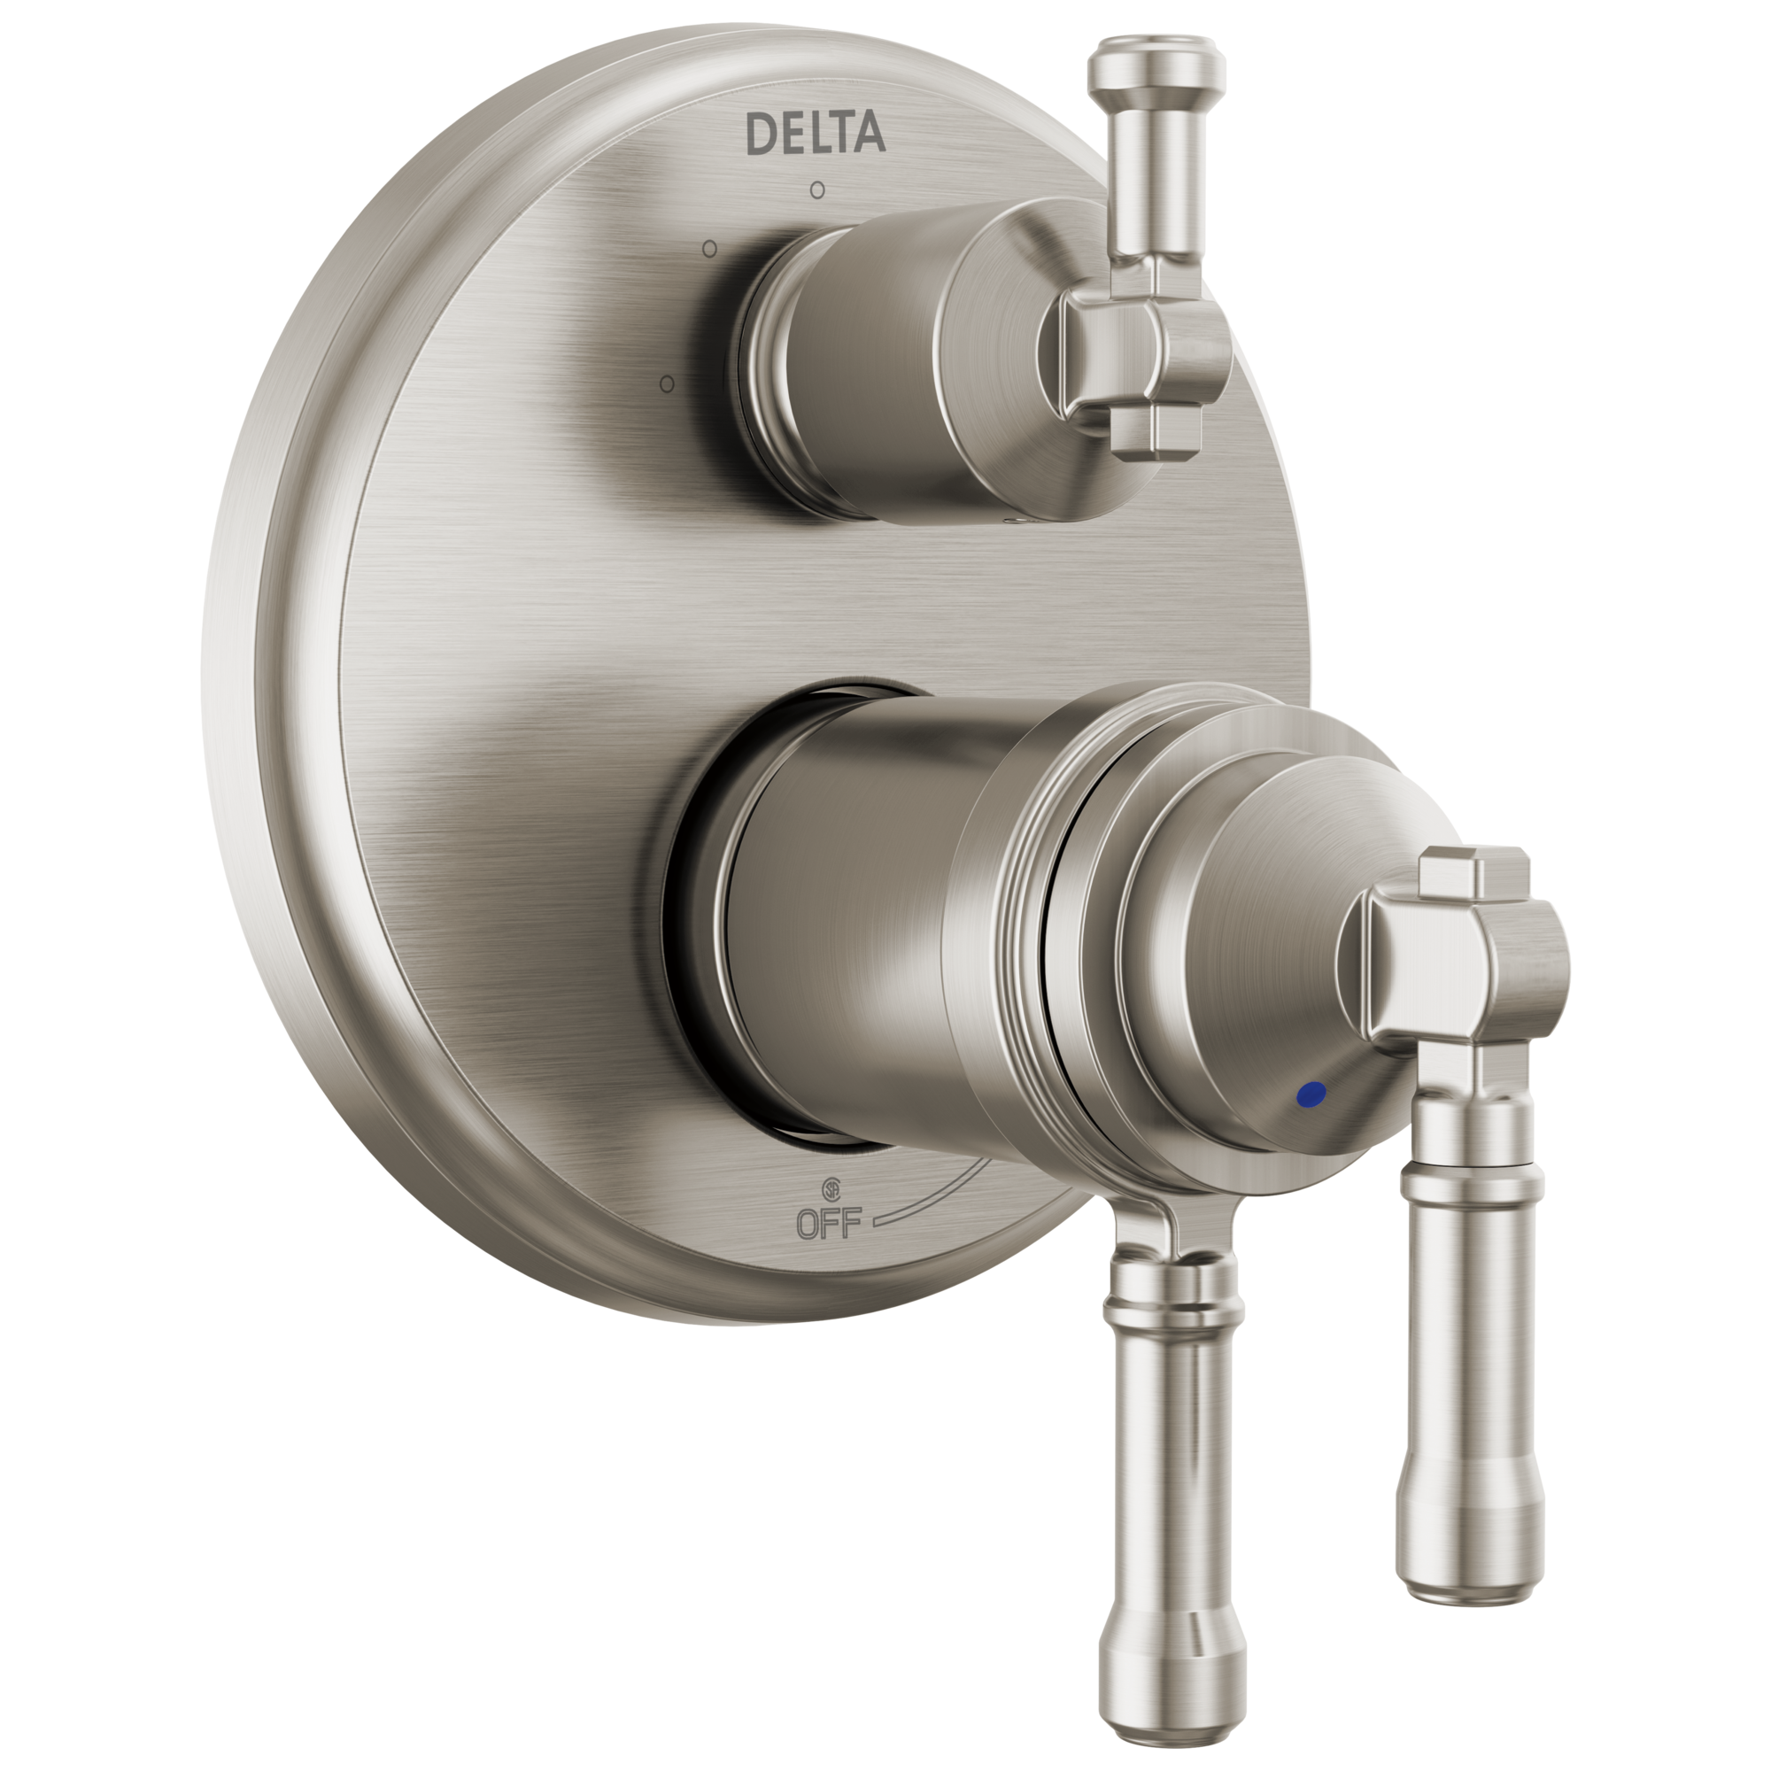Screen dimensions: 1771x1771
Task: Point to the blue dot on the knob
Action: click(x=1312, y=1092)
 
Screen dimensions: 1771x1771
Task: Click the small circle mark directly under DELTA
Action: click(x=816, y=190)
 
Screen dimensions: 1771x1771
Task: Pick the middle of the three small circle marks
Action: click(x=708, y=249)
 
